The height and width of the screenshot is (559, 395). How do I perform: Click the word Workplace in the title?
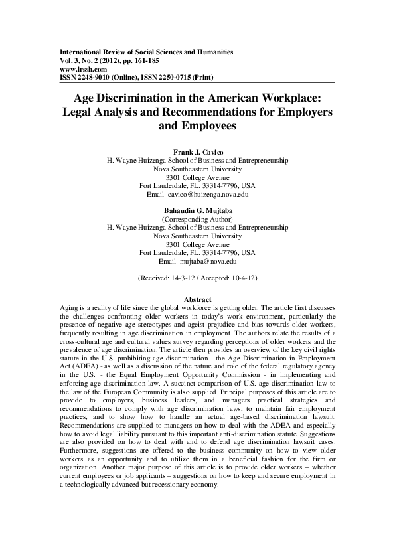pyautogui.click(x=287, y=96)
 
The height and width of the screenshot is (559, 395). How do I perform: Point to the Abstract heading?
pyautogui.click(x=197, y=300)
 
